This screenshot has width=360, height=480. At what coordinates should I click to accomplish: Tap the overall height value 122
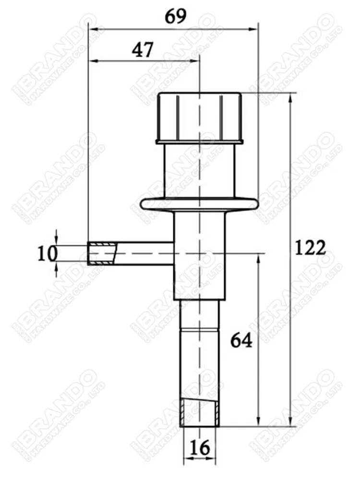(310, 248)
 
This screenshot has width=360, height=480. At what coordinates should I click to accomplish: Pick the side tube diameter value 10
(48, 254)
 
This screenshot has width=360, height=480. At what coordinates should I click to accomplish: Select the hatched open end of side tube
(102, 254)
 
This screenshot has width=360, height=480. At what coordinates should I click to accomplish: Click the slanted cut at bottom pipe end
(199, 406)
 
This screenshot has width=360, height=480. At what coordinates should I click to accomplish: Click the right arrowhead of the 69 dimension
(255, 30)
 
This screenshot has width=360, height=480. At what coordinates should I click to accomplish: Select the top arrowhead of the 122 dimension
(290, 98)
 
